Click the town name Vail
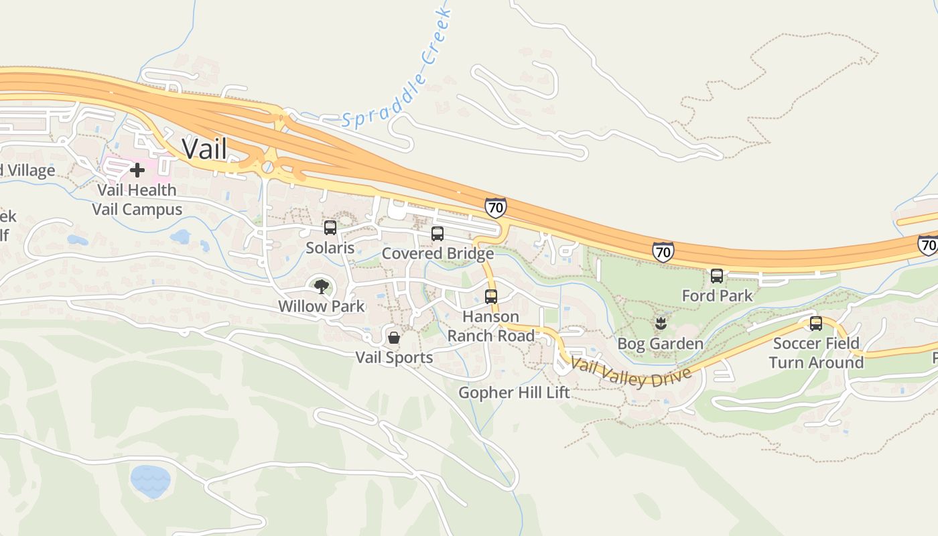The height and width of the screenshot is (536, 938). click(x=204, y=149)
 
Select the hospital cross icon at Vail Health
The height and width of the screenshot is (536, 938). click(x=137, y=170)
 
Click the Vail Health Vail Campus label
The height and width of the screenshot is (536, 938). click(x=137, y=200)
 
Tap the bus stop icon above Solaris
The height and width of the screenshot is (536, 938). click(x=330, y=228)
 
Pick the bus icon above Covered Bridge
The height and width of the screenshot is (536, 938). click(x=438, y=234)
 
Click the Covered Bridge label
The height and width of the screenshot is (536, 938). click(x=438, y=253)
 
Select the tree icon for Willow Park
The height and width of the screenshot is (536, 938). click(x=322, y=287)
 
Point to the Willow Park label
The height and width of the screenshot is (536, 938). click(x=322, y=306)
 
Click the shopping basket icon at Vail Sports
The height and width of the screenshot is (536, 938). click(x=394, y=337)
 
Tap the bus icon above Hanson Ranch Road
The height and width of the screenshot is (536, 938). click(x=491, y=296)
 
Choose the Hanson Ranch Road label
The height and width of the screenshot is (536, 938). click(x=491, y=326)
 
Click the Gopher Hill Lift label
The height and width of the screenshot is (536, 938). click(x=514, y=392)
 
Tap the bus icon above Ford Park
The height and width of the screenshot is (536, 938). click(x=717, y=275)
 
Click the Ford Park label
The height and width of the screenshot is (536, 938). click(x=717, y=295)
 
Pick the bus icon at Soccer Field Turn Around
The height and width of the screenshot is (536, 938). click(x=816, y=324)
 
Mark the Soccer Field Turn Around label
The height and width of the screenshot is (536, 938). click(x=816, y=353)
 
